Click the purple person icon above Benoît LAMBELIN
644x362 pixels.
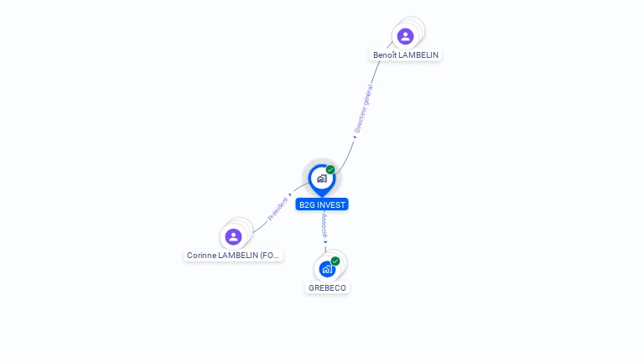pyautogui.click(x=405, y=36)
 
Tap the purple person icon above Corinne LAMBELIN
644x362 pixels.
pyautogui.click(x=234, y=236)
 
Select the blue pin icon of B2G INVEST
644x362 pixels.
pyautogui.click(x=321, y=178)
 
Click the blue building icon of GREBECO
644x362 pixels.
pyautogui.click(x=327, y=269)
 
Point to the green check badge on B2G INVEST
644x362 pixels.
pyautogui.click(x=330, y=169)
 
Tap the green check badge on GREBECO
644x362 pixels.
pyautogui.click(x=335, y=261)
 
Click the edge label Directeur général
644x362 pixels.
pyautogui.click(x=364, y=109)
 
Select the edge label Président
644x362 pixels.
pyautogui.click(x=277, y=209)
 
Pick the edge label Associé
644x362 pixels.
pyautogui.click(x=325, y=225)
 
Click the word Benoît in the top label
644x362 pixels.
pyautogui.click(x=386, y=55)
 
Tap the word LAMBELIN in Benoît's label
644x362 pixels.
pyautogui.click(x=418, y=55)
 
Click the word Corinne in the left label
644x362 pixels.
pyautogui.click(x=201, y=256)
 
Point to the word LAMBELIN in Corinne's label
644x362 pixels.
pyautogui.click(x=238, y=256)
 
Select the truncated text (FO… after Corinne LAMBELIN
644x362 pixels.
pyautogui.click(x=270, y=256)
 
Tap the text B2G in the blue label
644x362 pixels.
pyautogui.click(x=306, y=204)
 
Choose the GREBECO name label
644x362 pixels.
pyautogui.click(x=327, y=288)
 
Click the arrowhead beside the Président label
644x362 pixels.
pyautogui.click(x=290, y=195)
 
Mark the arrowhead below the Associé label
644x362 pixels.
pyautogui.click(x=326, y=243)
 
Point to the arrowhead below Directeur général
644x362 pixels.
pyautogui.click(x=354, y=137)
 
